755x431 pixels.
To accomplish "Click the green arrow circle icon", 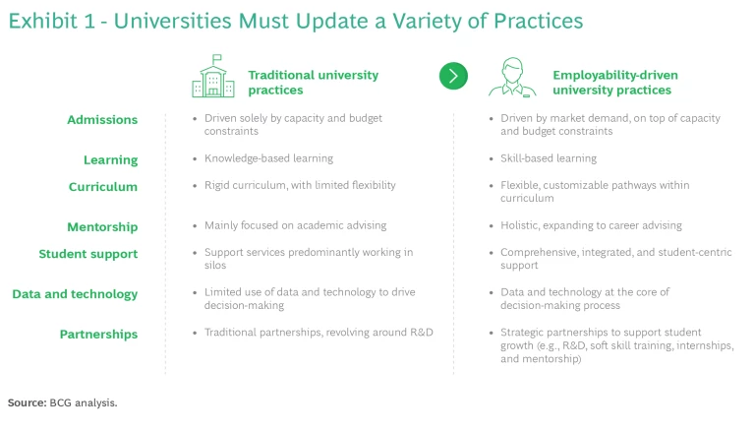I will [453, 76].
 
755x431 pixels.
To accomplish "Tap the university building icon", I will [212, 78].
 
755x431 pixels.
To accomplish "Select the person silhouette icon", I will [506, 77].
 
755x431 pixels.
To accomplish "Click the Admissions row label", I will [102, 120].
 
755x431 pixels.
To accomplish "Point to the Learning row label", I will [110, 159].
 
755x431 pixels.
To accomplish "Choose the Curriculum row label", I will [103, 187].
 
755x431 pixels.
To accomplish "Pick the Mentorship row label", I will [102, 227].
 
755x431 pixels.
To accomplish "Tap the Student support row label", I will [88, 254].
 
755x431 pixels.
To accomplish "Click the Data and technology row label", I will [75, 294].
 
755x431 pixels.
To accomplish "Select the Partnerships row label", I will [98, 335].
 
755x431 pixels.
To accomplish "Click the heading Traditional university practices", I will [313, 83].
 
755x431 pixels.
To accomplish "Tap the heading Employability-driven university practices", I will [615, 83].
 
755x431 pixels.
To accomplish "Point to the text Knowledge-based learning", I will [268, 158].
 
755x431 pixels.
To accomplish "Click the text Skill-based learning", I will [548, 158].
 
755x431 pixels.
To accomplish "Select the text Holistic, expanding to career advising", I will [590, 225].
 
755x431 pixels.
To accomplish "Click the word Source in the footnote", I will [27, 402].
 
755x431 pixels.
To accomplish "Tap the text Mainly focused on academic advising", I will [295, 225].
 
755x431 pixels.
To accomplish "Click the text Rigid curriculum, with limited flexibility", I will [300, 185].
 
